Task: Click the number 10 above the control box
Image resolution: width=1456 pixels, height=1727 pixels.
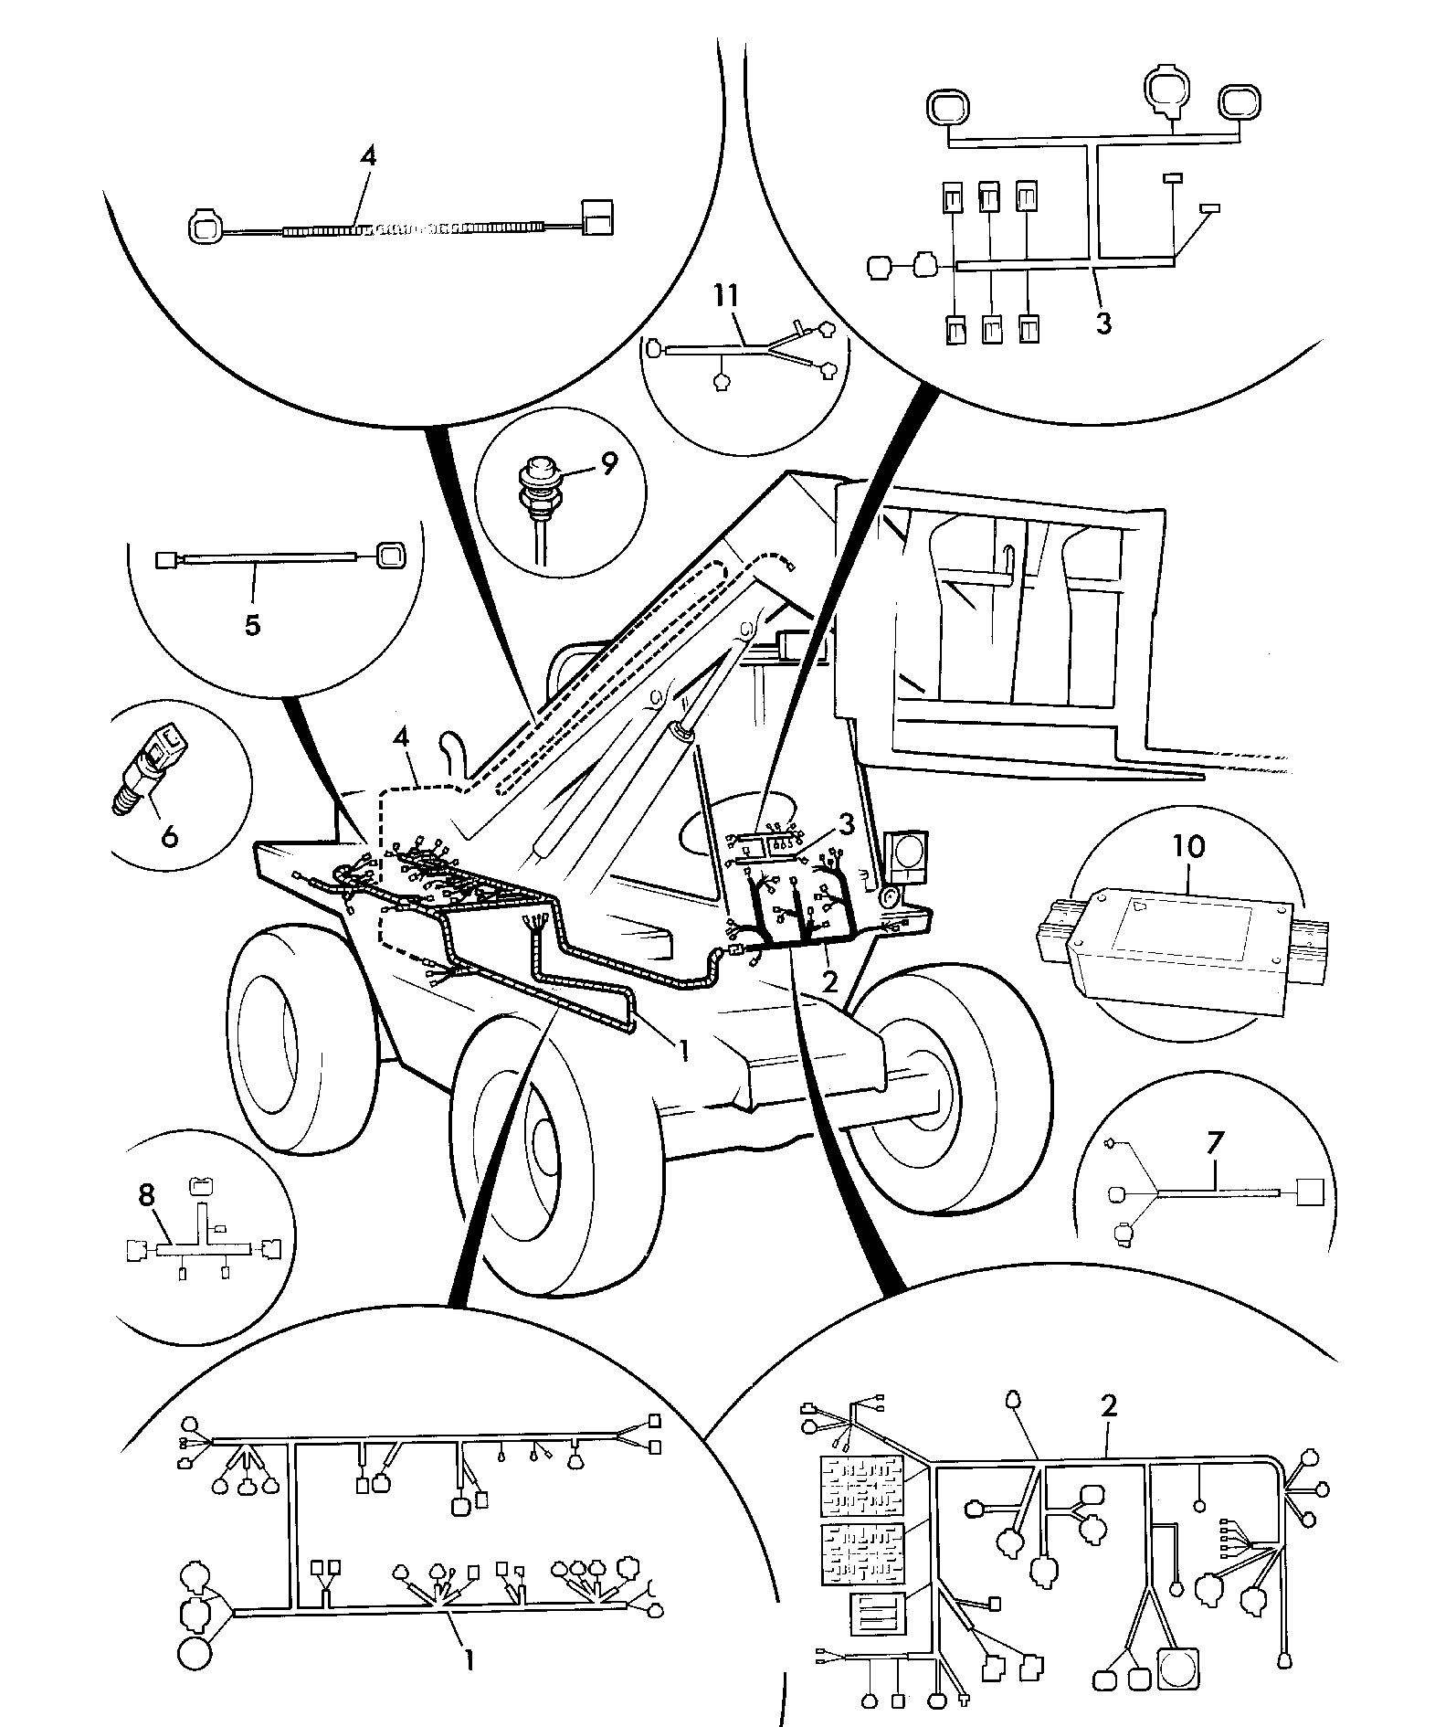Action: pos(1187,846)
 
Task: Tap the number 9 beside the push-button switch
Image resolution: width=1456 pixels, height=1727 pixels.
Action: pos(608,463)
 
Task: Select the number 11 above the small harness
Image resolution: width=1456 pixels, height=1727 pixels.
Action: pos(729,297)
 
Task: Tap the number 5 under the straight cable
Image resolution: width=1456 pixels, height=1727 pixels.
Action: pos(253,625)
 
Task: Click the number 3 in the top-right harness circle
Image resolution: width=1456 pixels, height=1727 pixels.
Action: pos(1103,323)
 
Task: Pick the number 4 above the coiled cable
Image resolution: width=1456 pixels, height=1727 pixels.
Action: pos(367,156)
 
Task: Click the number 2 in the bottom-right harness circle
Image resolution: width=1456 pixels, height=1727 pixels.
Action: pos(1109,1405)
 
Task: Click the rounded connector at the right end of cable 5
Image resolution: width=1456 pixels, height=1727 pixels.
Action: pos(390,553)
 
